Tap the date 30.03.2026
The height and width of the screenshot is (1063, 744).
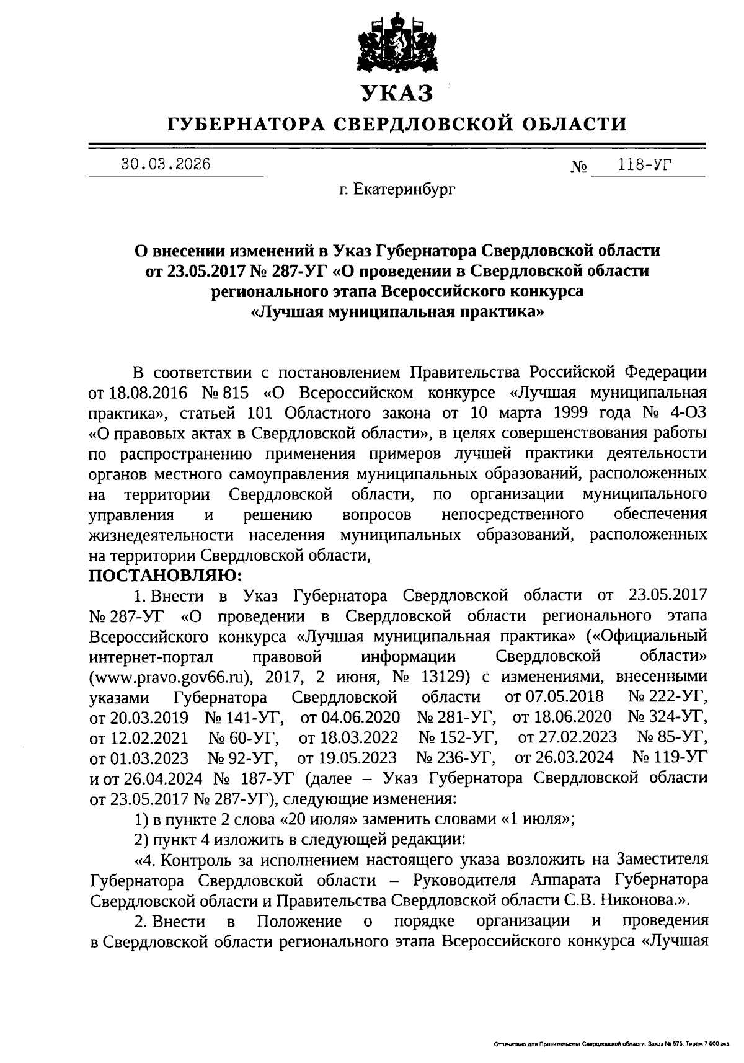tap(166, 164)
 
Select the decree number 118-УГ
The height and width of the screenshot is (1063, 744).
tap(645, 165)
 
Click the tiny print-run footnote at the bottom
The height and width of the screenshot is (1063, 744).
tap(611, 1045)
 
